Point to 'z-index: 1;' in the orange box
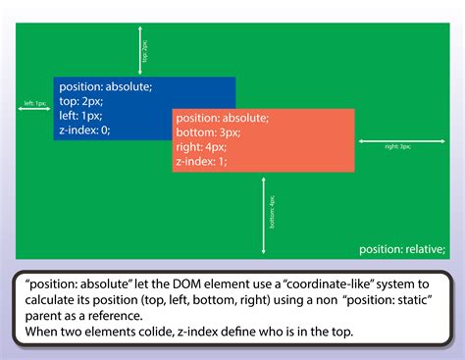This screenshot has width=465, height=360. pyautogui.click(x=202, y=160)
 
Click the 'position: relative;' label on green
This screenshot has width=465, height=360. pyautogui.click(x=402, y=248)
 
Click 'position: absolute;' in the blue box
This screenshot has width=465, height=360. pyautogui.click(x=105, y=86)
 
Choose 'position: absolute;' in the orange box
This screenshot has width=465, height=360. pyautogui.click(x=222, y=118)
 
